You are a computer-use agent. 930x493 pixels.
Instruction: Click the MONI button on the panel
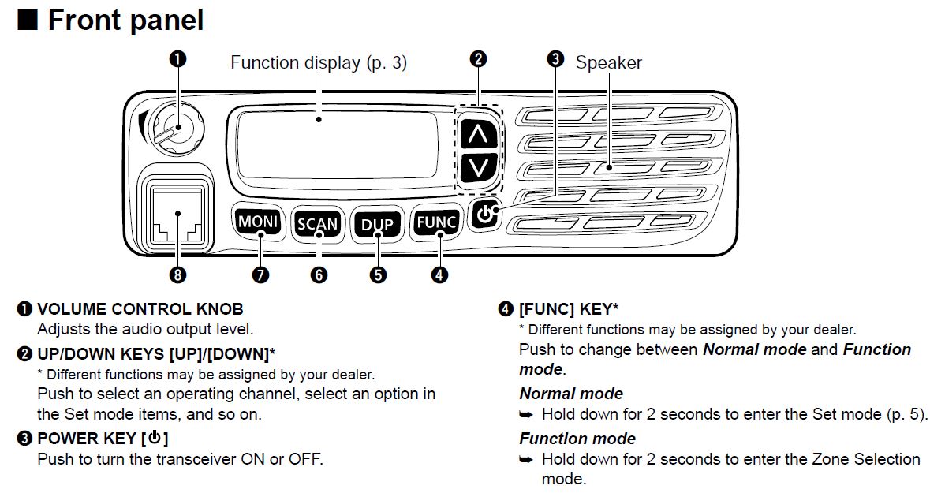258,222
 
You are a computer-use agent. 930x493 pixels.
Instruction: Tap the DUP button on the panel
377,224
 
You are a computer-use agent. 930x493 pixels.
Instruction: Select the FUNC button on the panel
436,222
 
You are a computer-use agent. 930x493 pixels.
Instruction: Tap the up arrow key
477,135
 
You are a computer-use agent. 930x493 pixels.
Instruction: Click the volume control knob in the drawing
171,127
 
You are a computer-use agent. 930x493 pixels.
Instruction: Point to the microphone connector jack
177,215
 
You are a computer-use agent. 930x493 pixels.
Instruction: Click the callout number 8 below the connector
177,275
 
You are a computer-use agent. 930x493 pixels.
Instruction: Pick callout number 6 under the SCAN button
319,275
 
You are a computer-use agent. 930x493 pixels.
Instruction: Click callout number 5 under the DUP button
378,275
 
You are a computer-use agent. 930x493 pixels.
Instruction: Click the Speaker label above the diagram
608,63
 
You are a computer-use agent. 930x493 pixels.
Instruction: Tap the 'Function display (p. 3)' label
318,63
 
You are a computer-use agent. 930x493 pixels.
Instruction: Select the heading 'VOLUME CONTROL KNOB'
140,309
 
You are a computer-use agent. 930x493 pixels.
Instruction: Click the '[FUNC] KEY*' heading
568,309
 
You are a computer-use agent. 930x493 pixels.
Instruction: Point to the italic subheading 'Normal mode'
570,394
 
